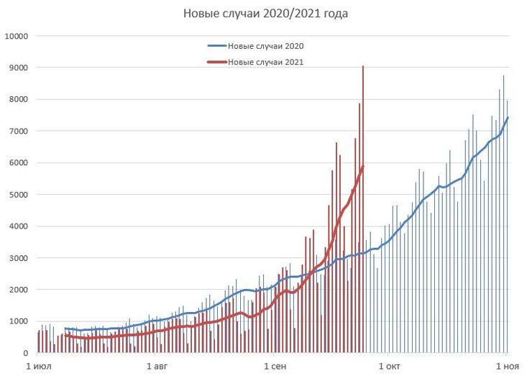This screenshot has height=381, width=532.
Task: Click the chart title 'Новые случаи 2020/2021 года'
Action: pos(266,14)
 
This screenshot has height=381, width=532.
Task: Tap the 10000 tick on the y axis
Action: pos(16,36)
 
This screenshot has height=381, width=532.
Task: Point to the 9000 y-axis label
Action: pos(18,68)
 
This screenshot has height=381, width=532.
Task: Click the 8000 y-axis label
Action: pos(18,99)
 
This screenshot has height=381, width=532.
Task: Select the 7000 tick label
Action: pos(18,131)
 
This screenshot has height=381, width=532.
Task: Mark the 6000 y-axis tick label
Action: pos(18,162)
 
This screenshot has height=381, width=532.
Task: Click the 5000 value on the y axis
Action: pos(18,194)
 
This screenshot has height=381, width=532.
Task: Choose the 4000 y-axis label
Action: pos(18,226)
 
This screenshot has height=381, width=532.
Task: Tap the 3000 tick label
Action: pos(18,258)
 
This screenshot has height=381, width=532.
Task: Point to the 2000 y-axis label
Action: pos(18,290)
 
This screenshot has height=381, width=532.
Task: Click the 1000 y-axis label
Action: pos(18,321)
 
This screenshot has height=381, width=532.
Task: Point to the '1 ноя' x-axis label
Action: pos(506,366)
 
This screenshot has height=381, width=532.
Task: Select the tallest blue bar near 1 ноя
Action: pos(503,216)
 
